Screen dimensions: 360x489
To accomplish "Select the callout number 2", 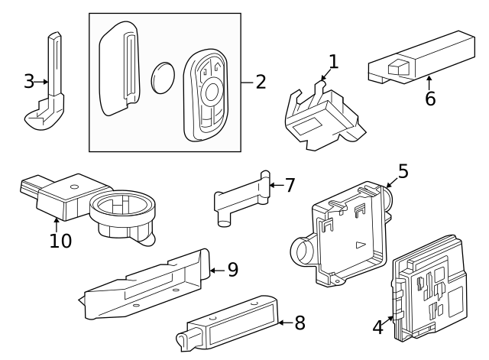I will tap(261, 81).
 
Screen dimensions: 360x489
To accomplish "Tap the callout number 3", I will tap(29, 79).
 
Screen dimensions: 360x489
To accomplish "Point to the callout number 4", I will tap(377, 327).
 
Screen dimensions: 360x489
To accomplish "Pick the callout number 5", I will tap(403, 171).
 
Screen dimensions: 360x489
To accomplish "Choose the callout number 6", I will tap(430, 99).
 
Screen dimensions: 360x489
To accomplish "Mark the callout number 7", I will tap(289, 184).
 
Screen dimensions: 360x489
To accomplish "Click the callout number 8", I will tap(299, 323).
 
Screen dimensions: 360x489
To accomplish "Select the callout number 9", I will tap(233, 269).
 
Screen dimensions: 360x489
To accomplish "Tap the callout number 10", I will tap(60, 241).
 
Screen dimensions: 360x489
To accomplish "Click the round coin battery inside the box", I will tap(164, 78).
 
